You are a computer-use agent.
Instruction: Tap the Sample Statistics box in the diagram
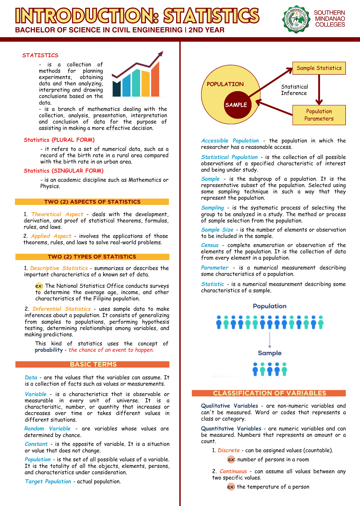(319, 68)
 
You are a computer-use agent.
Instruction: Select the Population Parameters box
(319, 115)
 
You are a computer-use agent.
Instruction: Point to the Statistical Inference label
(294, 90)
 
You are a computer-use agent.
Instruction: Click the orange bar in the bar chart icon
(155, 80)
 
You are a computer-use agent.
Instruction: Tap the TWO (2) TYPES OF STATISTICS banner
(92, 257)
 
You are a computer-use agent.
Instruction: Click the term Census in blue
(210, 245)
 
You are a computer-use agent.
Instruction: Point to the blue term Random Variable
(47, 429)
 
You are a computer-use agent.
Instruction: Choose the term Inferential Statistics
(61, 309)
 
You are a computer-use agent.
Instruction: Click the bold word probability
(49, 350)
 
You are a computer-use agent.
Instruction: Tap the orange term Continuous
(233, 471)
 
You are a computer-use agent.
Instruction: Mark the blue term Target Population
(48, 481)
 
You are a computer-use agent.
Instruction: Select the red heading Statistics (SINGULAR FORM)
(64, 171)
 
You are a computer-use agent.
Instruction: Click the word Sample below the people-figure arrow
(269, 353)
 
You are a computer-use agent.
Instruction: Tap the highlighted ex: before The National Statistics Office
(39, 286)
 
